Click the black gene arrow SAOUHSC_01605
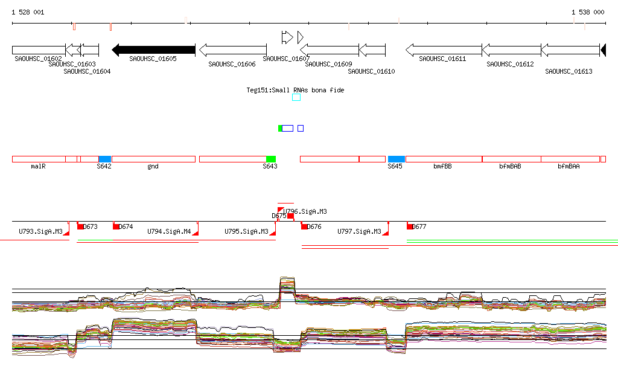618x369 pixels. pyautogui.click(x=153, y=50)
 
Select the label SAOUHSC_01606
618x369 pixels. pyautogui.click(x=232, y=64)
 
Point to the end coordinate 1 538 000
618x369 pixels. pyautogui.click(x=587, y=12)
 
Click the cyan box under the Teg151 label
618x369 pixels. pyautogui.click(x=296, y=97)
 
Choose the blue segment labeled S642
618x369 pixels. pyautogui.click(x=105, y=159)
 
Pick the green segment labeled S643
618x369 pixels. pyautogui.click(x=271, y=159)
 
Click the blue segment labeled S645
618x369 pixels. pyautogui.click(x=397, y=159)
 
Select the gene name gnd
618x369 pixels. pyautogui.click(x=153, y=166)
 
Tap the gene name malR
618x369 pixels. pyautogui.click(x=38, y=166)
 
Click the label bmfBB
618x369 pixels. pyautogui.click(x=442, y=166)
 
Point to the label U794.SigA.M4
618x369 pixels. pyautogui.click(x=169, y=231)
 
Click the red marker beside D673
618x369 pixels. pyautogui.click(x=80, y=226)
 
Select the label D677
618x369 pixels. pyautogui.click(x=420, y=227)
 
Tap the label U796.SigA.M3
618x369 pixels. pyautogui.click(x=305, y=211)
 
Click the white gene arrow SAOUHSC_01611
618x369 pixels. pyautogui.click(x=443, y=50)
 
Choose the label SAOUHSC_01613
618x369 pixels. pyautogui.click(x=569, y=71)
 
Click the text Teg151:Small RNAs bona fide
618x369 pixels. pyautogui.click(x=295, y=90)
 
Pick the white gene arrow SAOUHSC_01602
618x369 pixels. pyautogui.click(x=38, y=50)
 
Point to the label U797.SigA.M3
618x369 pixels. pyautogui.click(x=359, y=231)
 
